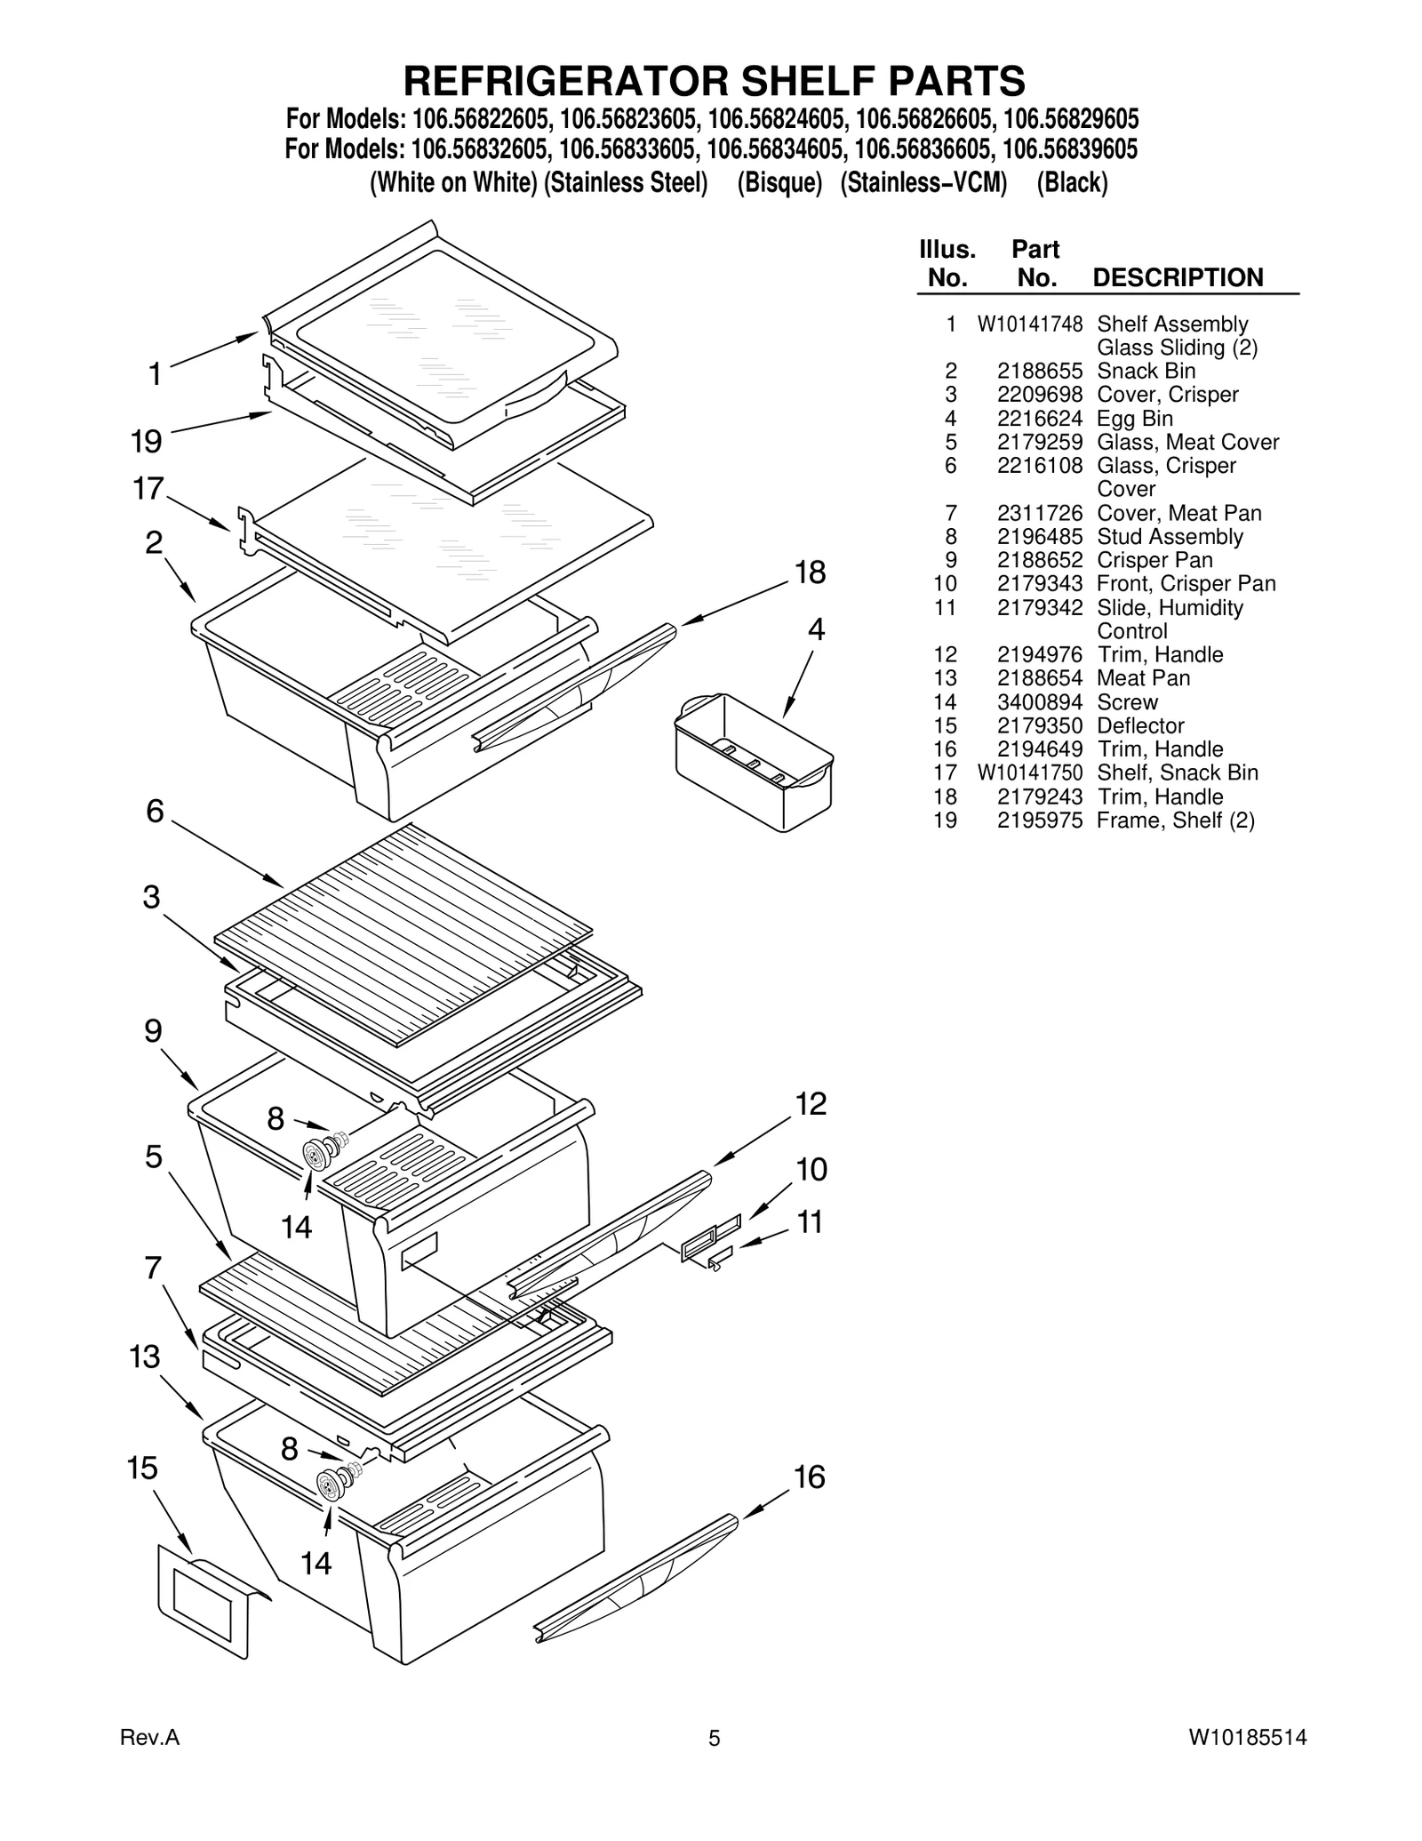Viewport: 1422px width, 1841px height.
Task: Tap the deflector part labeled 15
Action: pos(204,1600)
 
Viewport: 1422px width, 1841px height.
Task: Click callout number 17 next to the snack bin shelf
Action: pos(148,488)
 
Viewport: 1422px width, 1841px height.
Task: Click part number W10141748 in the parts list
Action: pos(1029,324)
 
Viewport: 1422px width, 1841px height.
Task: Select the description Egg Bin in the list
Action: pos(1135,419)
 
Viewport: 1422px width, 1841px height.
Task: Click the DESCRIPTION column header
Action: pos(1178,277)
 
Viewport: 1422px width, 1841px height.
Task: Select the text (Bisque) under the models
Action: pos(779,183)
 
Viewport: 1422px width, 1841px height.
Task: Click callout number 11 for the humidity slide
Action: pos(809,1222)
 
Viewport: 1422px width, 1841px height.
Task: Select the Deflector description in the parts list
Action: pos(1140,725)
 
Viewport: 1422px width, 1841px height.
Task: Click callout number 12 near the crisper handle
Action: pos(811,1104)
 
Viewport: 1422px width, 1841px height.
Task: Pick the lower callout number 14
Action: pos(316,1563)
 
